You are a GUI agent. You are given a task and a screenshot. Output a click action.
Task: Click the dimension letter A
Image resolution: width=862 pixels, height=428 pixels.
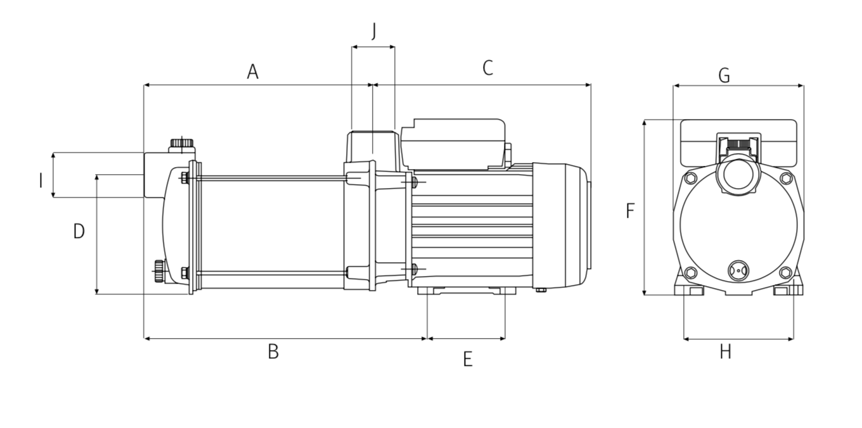point(252,72)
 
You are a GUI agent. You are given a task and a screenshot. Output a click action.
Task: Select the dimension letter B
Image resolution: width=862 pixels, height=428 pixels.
point(273,351)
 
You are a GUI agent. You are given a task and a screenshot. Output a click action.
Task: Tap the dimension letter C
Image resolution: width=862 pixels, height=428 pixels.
point(487,68)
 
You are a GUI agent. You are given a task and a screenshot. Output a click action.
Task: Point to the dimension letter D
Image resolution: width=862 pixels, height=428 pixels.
point(79,231)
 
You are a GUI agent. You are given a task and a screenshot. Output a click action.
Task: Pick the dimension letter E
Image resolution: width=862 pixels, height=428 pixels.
point(468,359)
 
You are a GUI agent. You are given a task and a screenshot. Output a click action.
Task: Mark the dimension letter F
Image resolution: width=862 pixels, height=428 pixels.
point(630,211)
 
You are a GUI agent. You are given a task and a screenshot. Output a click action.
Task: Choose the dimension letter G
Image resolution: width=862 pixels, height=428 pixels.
point(724,75)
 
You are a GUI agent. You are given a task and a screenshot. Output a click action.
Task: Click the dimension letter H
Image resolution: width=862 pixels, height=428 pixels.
point(725,351)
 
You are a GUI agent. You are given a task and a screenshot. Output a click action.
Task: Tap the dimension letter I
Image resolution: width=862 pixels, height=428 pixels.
point(41,180)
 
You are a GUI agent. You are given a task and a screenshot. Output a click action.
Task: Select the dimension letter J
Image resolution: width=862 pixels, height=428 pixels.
point(374,31)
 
